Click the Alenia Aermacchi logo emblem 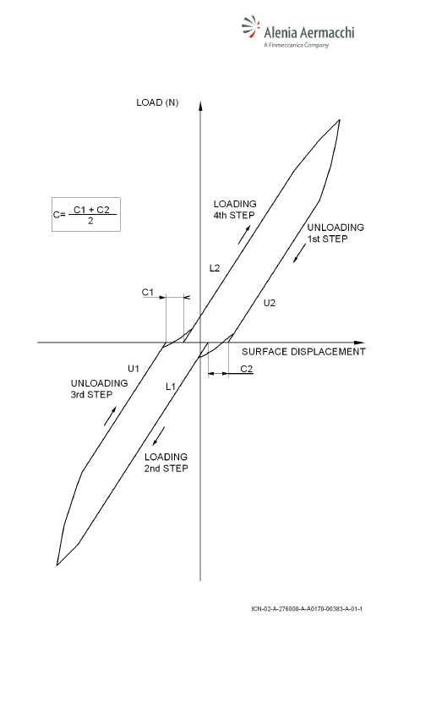click(x=251, y=26)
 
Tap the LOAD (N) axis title click(x=157, y=102)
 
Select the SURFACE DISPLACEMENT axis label click(x=303, y=352)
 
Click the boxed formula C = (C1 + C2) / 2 click(x=86, y=214)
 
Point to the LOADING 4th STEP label click(x=235, y=210)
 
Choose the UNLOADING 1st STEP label click(x=336, y=233)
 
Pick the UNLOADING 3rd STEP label click(x=99, y=389)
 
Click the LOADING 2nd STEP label click(x=166, y=463)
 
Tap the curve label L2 click(x=215, y=268)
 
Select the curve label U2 click(x=270, y=303)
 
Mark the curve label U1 click(x=134, y=369)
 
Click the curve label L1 click(x=171, y=387)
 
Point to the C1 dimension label click(x=148, y=292)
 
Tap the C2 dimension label click(x=247, y=369)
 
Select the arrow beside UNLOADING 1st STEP click(x=299, y=254)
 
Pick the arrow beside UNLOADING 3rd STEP click(x=111, y=415)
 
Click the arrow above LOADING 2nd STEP click(x=159, y=436)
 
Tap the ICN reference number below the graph click(x=307, y=609)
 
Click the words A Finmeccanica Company click(x=297, y=45)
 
